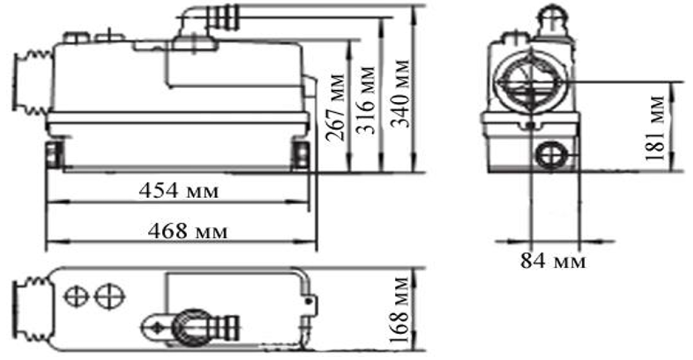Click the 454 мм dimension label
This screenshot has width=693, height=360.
click(179, 191)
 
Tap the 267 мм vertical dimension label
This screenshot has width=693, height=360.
click(335, 107)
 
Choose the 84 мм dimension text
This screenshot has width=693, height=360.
click(553, 262)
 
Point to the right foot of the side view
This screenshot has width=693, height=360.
click(302, 154)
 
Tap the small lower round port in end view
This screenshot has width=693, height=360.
click(548, 155)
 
